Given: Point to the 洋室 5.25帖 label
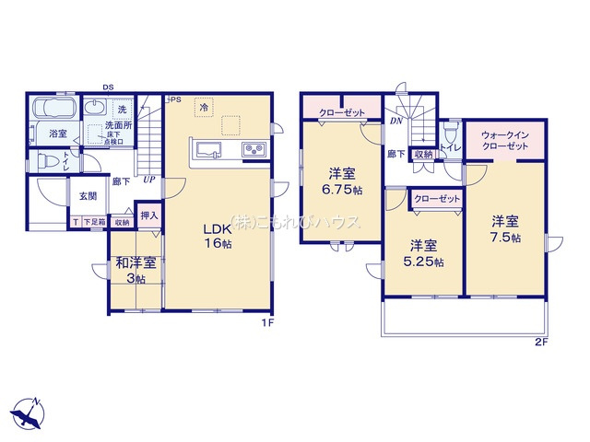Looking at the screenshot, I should point(423,253).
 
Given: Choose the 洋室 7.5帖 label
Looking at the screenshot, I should point(504,229).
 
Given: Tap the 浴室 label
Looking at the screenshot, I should point(58,134).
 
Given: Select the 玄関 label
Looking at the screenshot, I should point(87,195).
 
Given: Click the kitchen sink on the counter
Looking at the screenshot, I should point(206,149).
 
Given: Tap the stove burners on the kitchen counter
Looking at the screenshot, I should point(254,149).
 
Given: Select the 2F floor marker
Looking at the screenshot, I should point(539,343).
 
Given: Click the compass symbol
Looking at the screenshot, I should point(29,413).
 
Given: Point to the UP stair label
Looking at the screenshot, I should point(148,180).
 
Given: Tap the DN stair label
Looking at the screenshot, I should point(395,121).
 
